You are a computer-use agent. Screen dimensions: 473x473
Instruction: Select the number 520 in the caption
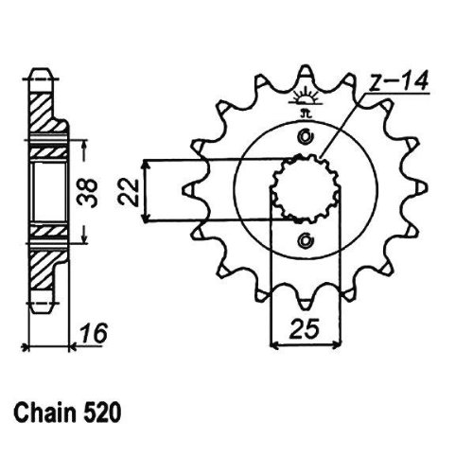click(x=103, y=413)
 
